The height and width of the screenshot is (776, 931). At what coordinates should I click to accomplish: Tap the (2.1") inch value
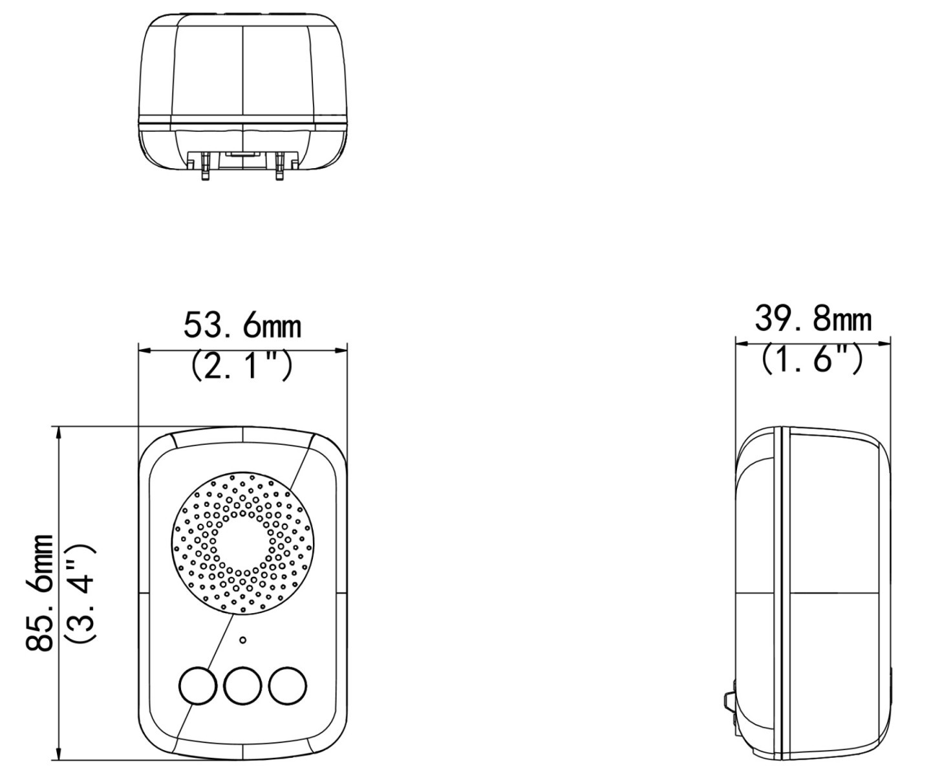point(242,366)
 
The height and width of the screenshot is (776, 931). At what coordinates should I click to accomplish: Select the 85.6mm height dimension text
point(40,594)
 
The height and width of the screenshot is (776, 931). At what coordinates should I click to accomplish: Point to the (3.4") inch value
point(80,594)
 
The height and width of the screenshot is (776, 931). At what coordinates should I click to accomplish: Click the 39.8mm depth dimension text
point(813,319)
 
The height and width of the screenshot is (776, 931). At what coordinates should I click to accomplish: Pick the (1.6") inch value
point(812,360)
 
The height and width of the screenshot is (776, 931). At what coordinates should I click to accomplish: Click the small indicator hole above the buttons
point(243,640)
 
